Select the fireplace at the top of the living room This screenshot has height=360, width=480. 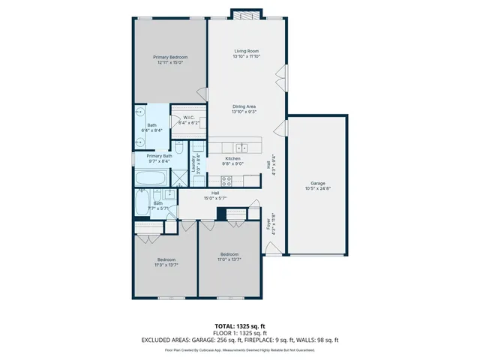[x=245, y=15]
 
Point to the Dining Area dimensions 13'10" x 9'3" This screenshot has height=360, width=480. [x=245, y=112]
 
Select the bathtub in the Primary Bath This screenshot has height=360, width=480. [x=152, y=178]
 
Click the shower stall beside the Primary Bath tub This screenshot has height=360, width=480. [x=179, y=178]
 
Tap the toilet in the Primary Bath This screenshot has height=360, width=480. [x=179, y=148]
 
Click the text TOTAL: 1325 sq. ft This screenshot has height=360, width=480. [x=239, y=325]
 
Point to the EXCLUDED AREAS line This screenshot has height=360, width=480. [x=239, y=340]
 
